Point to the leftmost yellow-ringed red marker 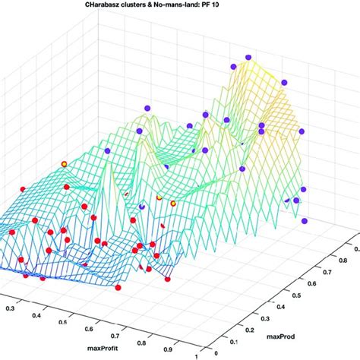(x=64, y=163)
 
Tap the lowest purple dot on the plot (x=305, y=221)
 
